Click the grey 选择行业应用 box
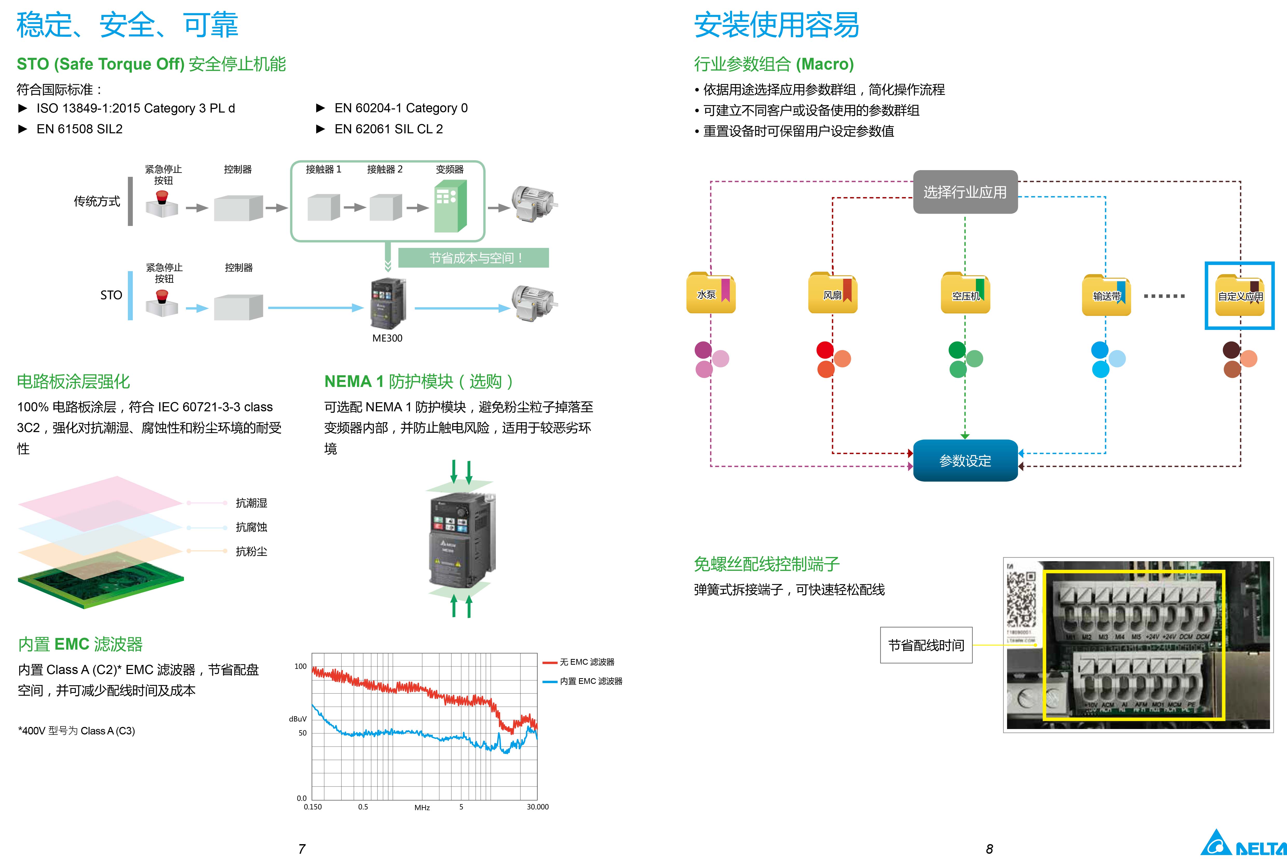[965, 192]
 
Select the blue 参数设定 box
[965, 461]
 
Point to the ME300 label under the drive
[387, 338]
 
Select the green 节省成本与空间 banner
[473, 258]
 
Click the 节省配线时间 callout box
[926, 645]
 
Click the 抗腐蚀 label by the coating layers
[251, 527]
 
